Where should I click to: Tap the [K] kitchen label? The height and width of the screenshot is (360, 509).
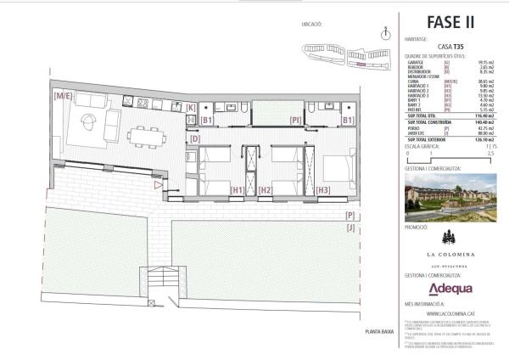click(191, 108)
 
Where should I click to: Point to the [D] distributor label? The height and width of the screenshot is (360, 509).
click(194, 138)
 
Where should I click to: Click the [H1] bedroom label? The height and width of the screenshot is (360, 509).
click(238, 190)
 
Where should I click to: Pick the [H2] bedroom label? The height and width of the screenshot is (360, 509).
click(265, 190)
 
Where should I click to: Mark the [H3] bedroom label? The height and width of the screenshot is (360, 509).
click(322, 190)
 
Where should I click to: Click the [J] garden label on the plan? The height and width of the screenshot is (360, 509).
click(350, 228)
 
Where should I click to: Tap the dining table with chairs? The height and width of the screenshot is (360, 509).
click(147, 136)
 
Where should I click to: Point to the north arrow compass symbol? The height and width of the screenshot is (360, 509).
click(386, 33)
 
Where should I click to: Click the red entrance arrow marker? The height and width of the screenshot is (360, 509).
click(158, 183)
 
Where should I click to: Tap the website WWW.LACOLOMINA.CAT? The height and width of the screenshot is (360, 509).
click(450, 312)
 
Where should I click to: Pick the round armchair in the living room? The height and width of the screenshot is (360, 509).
click(90, 129)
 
